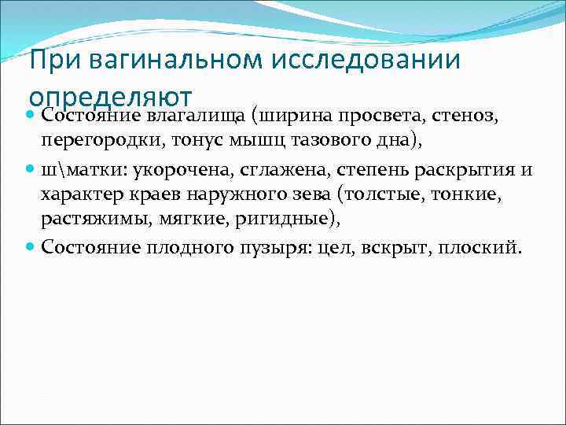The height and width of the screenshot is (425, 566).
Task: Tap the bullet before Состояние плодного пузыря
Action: click(x=31, y=248)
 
